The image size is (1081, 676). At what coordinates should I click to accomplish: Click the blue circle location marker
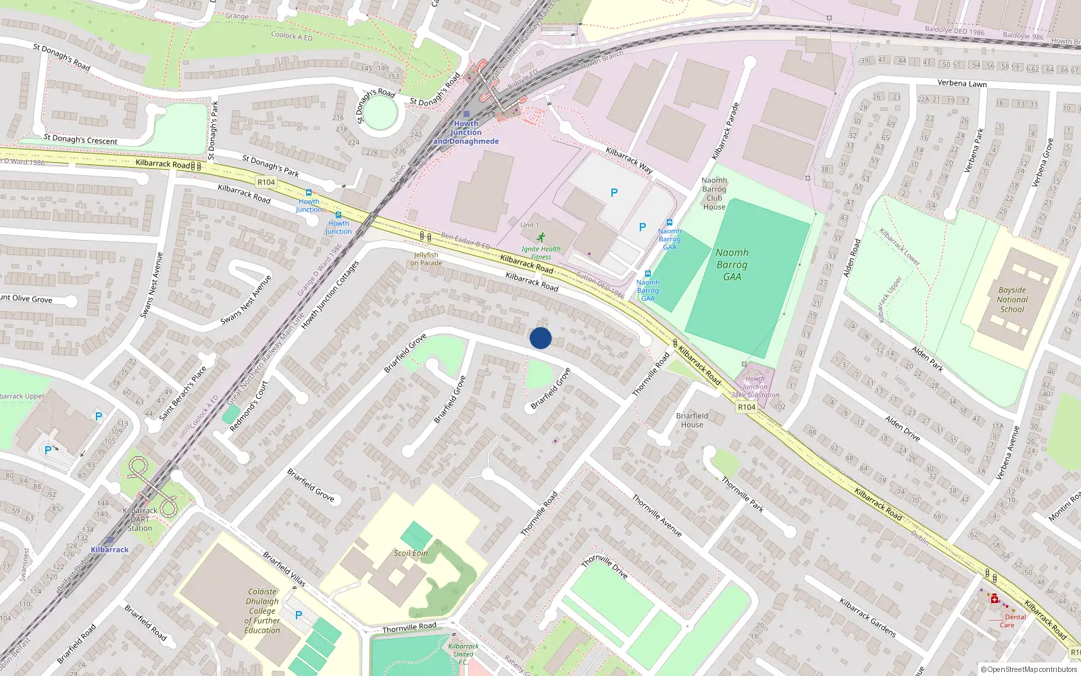(540, 338)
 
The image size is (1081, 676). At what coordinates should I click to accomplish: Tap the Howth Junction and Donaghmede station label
(466, 132)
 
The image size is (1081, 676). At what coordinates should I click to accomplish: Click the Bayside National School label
(1012, 299)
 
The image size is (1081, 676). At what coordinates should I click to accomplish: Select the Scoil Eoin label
(411, 553)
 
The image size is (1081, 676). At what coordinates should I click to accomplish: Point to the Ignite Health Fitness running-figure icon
(541, 237)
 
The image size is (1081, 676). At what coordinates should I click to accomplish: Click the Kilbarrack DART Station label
(140, 519)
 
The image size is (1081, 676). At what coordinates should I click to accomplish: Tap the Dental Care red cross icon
(995, 599)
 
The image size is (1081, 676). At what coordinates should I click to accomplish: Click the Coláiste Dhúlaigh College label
(262, 610)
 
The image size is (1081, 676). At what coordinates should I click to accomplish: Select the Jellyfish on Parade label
(427, 259)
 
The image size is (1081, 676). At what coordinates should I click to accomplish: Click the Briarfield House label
(692, 420)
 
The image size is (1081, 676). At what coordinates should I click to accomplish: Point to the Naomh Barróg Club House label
(714, 193)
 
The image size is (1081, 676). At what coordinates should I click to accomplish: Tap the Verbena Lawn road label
(962, 83)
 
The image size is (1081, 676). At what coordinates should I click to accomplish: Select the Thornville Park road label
(743, 494)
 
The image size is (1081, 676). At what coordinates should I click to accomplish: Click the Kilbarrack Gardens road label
(868, 617)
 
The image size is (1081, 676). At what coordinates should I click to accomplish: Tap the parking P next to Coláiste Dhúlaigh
(299, 615)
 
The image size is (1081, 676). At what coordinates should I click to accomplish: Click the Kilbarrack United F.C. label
(463, 654)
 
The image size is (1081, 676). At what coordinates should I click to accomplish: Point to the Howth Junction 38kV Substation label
(755, 387)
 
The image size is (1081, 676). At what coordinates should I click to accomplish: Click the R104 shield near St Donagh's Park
(266, 182)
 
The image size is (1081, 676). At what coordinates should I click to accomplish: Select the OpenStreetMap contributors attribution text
(1029, 669)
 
